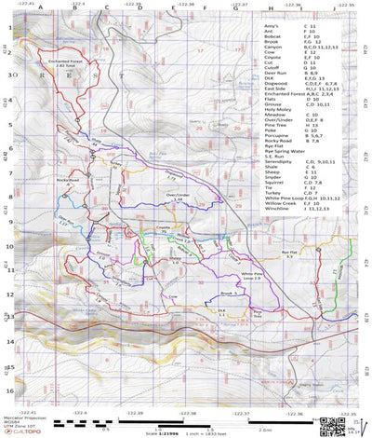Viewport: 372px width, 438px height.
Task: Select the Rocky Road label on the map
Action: pos(68,180)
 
